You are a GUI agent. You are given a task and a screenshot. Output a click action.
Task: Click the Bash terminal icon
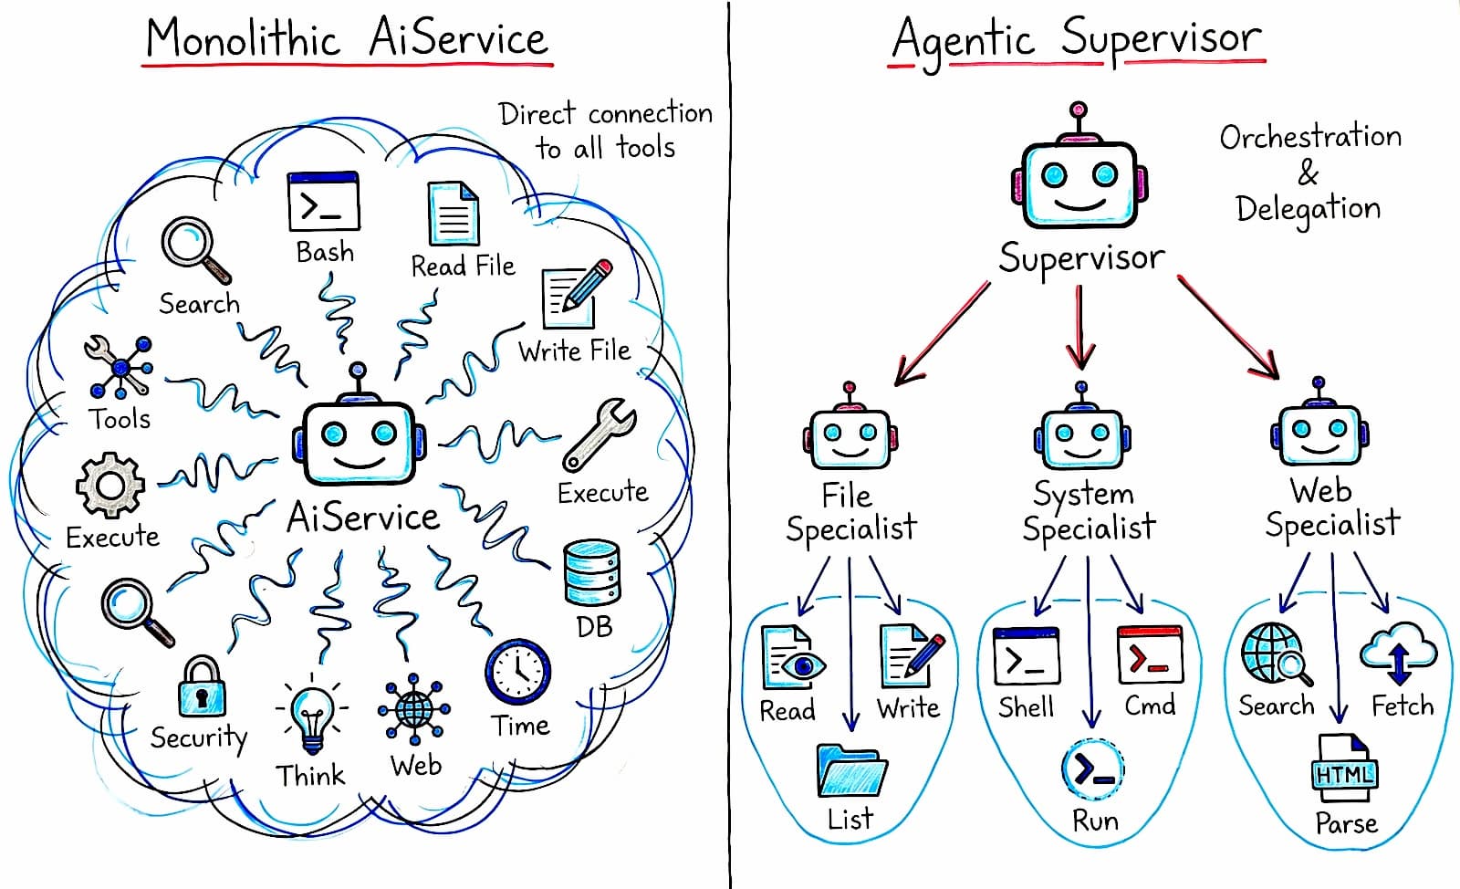[x=323, y=202]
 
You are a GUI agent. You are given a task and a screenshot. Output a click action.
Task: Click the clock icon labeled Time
[x=517, y=673]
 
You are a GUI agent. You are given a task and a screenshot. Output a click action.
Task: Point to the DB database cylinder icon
[x=592, y=573]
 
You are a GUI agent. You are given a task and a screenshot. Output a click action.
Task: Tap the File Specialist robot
[x=850, y=435]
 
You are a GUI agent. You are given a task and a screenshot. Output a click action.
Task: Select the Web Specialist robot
[x=1319, y=431]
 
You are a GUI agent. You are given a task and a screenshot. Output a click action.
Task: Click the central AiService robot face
[x=360, y=442]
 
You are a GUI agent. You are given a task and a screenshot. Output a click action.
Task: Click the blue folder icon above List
[x=850, y=771]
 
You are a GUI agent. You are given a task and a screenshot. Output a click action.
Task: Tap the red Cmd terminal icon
[x=1150, y=654]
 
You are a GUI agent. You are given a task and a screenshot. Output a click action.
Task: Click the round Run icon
[x=1092, y=769]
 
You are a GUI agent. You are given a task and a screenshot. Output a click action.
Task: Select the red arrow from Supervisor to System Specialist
[x=1080, y=327]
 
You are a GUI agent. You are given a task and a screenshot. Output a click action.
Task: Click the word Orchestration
[x=1310, y=137]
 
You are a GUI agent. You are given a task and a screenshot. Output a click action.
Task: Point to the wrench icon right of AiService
[x=600, y=434]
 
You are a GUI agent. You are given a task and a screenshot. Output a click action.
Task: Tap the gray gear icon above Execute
[x=109, y=486]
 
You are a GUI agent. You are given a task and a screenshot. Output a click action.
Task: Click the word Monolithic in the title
[x=243, y=39]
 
